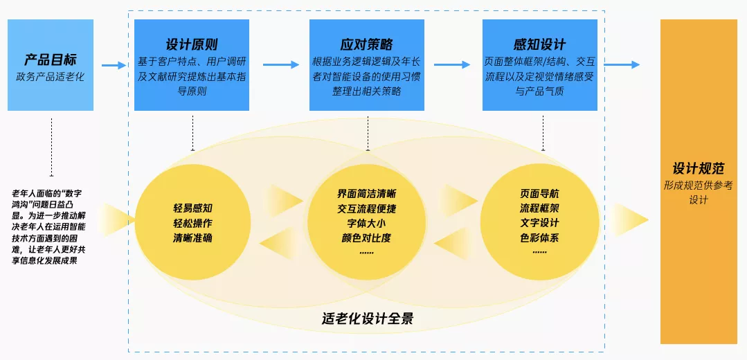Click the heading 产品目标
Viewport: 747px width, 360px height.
[x=51, y=60]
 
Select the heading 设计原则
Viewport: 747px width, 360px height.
[x=192, y=45]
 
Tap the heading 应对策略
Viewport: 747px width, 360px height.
[x=367, y=45]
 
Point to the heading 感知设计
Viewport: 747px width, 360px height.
[x=540, y=45]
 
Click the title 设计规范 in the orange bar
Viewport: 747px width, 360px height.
[x=699, y=169]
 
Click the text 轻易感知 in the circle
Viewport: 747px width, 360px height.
[x=192, y=208]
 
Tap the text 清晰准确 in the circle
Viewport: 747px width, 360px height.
[x=192, y=238]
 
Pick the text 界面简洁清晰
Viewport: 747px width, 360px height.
[x=367, y=192]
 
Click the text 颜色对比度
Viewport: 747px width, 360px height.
[x=367, y=237]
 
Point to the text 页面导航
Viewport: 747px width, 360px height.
[x=539, y=193]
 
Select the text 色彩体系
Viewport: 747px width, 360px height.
[x=539, y=237]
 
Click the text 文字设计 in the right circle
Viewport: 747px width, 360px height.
[x=539, y=223]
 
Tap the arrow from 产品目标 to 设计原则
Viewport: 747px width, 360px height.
[x=114, y=66]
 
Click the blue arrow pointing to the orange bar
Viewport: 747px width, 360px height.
[x=621, y=65]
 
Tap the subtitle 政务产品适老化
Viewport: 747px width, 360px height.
[x=51, y=76]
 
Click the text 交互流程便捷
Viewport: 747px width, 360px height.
[x=367, y=208]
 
